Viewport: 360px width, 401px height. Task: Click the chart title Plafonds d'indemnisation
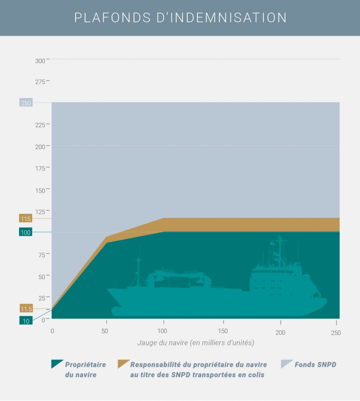(x=180, y=18)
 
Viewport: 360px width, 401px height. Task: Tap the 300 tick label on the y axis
(x=40, y=61)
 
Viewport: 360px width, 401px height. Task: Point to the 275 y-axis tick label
(x=40, y=82)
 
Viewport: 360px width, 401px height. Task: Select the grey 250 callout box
(x=25, y=103)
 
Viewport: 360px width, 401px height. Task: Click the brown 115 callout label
(x=25, y=219)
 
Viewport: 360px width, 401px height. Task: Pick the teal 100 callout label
(x=25, y=232)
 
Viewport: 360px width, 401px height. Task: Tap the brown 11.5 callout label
(x=25, y=309)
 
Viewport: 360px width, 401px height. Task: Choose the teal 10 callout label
(x=25, y=321)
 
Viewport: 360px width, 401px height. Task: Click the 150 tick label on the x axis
(x=223, y=332)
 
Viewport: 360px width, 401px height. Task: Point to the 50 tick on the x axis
(x=105, y=332)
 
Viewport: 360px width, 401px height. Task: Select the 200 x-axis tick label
(x=280, y=332)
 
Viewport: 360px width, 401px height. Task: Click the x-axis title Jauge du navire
(x=195, y=343)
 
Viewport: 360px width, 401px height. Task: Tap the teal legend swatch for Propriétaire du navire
(x=56, y=364)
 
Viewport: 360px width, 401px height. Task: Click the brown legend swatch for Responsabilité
(x=123, y=364)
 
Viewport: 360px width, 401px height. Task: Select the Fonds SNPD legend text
(x=315, y=365)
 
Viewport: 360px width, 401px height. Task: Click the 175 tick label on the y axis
(x=40, y=168)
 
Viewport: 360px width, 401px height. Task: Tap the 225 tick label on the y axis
(x=40, y=125)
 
